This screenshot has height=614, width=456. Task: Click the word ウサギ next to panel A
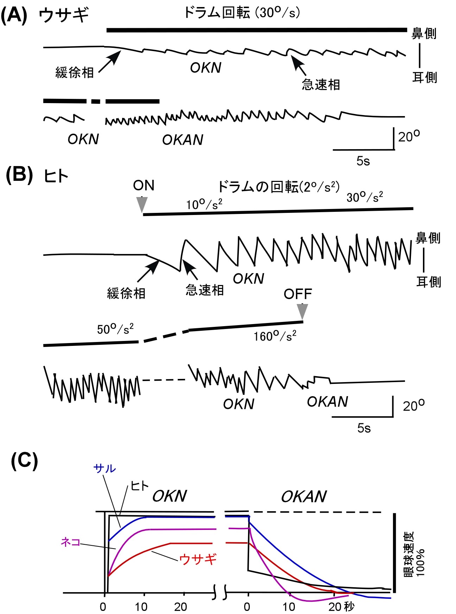pos(64,16)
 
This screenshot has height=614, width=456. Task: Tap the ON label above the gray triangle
pos(144,185)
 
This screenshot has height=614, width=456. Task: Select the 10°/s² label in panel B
pos(204,204)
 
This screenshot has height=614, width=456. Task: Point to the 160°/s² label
pos(275,336)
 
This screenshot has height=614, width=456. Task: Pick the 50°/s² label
pos(115,329)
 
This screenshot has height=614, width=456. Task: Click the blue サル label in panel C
pos(104,468)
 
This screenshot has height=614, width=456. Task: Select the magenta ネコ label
pos(71,542)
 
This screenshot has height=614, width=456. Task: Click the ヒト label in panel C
pos(139,486)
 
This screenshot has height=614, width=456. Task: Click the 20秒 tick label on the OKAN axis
pos(341,607)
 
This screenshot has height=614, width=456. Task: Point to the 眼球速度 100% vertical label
pos(414,554)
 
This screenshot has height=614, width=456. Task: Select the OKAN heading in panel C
pos(304,496)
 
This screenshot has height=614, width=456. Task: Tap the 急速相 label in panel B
pos(205,290)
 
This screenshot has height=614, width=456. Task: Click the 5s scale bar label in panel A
pos(363,161)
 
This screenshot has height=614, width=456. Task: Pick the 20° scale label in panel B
pos(413,406)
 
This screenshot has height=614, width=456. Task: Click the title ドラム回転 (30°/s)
pos(242,13)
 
